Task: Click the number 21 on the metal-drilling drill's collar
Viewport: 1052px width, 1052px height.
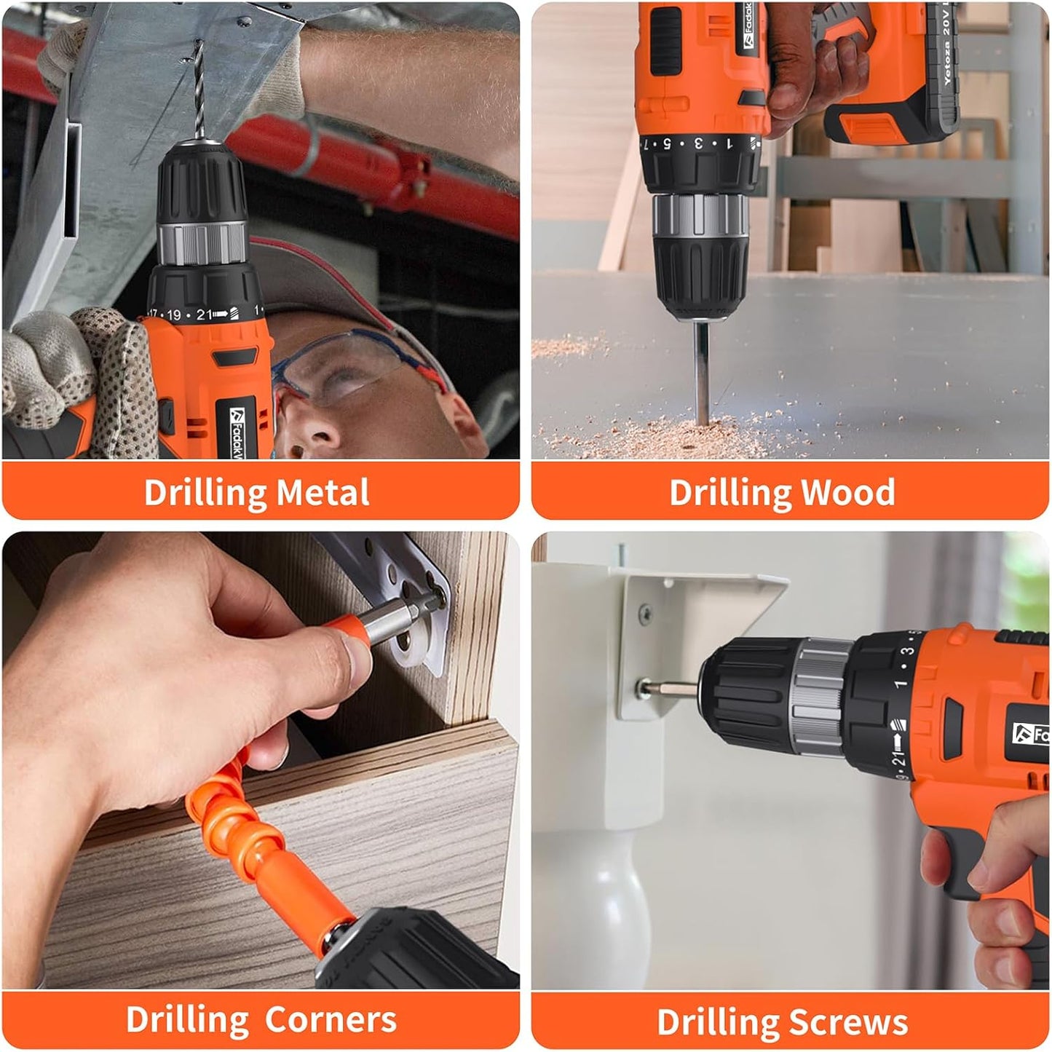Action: pyautogui.click(x=204, y=315)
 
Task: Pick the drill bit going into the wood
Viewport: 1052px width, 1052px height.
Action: pyautogui.click(x=703, y=371)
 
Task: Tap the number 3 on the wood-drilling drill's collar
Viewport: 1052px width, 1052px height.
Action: pyautogui.click(x=697, y=143)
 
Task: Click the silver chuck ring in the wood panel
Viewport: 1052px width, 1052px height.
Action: pyautogui.click(x=700, y=216)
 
